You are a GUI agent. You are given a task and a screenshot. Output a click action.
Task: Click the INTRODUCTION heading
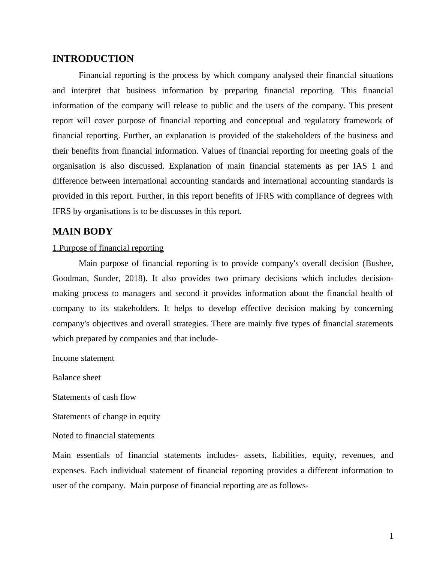[x=93, y=59]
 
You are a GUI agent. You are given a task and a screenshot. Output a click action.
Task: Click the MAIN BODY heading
[x=82, y=232]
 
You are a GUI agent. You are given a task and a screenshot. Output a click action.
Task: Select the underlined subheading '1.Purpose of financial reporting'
[x=108, y=248]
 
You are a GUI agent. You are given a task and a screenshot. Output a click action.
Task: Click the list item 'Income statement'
[x=83, y=358]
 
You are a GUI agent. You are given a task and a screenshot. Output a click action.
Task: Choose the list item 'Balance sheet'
[x=76, y=378]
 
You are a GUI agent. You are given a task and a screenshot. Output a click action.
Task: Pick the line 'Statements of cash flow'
[x=94, y=397]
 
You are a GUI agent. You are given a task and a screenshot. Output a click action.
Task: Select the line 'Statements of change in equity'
[x=106, y=417]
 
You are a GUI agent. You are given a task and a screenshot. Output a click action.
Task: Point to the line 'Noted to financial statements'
[x=103, y=436]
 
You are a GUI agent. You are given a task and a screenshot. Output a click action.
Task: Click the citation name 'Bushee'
[x=379, y=263]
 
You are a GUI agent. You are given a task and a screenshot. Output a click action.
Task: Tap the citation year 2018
[x=133, y=278]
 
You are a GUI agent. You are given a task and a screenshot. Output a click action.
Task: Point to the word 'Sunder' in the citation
[x=107, y=278]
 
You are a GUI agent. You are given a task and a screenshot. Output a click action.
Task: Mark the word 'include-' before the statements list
[x=204, y=339]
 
